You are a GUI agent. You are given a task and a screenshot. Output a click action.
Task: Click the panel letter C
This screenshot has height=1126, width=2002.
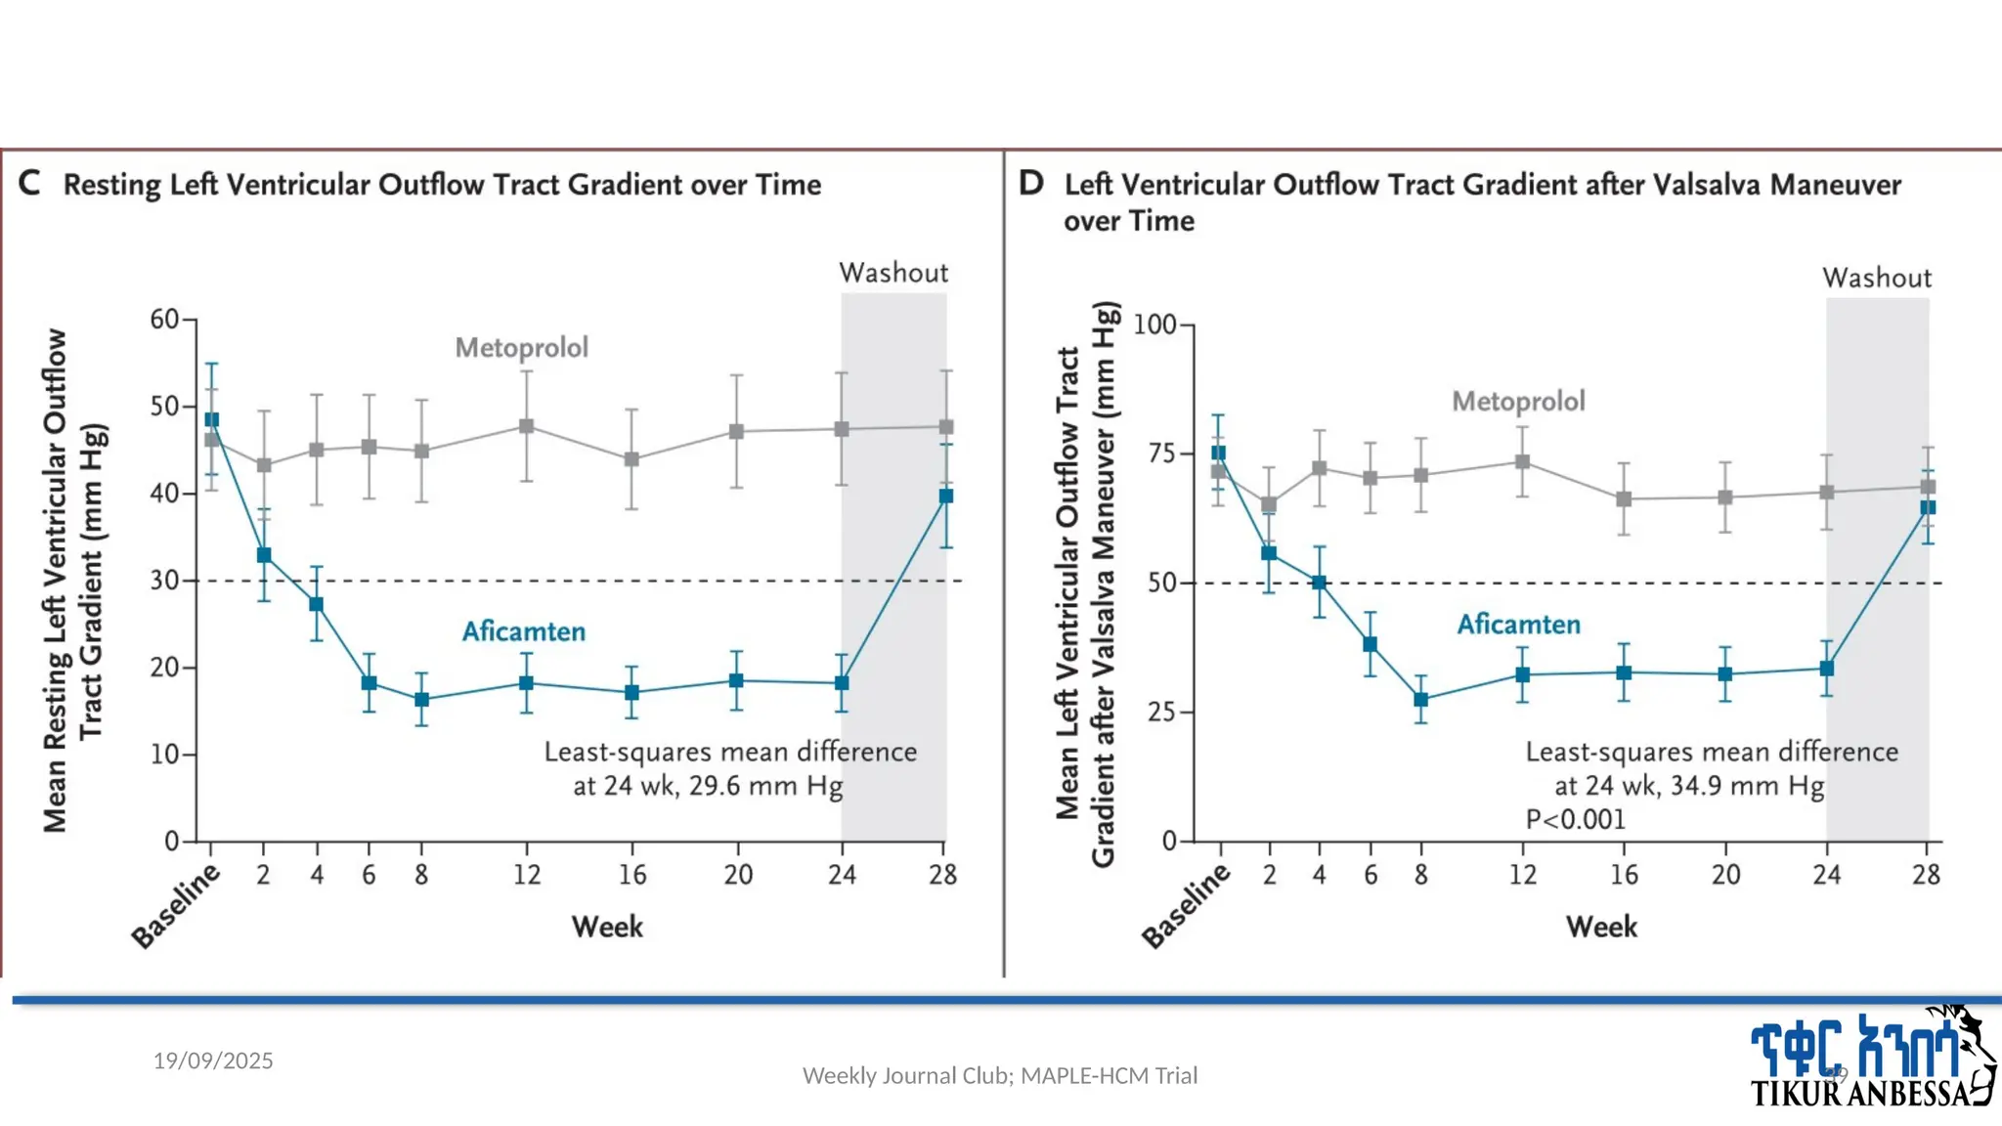coord(29,183)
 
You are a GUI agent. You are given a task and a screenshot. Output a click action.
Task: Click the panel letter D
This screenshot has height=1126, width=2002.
coord(1031,183)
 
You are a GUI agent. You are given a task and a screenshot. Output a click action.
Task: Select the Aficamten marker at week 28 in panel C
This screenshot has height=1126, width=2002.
coord(945,497)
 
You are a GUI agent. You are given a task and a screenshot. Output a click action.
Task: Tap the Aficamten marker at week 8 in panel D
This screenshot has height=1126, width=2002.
coord(1420,700)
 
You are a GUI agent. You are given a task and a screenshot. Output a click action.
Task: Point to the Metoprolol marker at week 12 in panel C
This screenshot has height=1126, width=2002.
coord(526,426)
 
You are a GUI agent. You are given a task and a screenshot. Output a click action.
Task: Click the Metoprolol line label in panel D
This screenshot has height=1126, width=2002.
coord(1518,401)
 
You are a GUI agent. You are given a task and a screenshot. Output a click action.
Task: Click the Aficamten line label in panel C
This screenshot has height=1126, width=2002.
coord(523,631)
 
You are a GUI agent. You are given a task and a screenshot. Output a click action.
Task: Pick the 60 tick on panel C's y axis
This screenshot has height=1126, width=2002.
coord(164,320)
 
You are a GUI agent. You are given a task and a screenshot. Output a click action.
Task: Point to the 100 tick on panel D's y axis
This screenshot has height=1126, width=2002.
coord(1154,325)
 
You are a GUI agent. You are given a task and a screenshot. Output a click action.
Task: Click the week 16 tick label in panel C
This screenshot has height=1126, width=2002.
coord(631,875)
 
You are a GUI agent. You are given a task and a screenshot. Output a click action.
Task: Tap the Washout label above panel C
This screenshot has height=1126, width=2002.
coord(893,273)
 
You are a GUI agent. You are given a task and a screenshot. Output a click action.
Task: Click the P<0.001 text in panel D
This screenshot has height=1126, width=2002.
coord(1576,819)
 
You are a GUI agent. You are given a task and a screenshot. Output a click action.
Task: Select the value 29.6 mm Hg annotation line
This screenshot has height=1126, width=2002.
coord(708,786)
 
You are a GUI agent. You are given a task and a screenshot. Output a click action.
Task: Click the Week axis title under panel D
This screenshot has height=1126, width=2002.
coord(1601,927)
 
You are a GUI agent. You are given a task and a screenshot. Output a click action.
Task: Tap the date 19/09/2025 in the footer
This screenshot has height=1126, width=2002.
coord(213,1061)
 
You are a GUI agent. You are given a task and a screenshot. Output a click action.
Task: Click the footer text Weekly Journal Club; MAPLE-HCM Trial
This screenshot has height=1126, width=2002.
coord(999,1075)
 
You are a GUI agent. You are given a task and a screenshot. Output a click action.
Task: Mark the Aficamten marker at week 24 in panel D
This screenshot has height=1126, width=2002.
coord(1826,669)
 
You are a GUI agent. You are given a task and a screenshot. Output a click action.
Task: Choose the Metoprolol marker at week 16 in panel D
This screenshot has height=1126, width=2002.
coord(1623,498)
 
